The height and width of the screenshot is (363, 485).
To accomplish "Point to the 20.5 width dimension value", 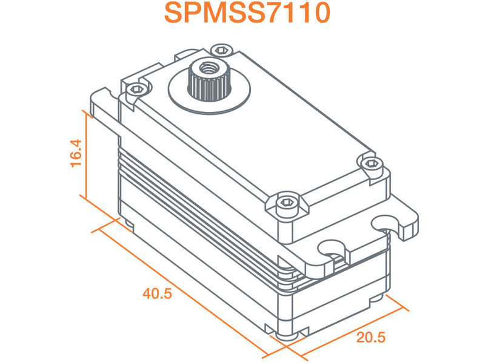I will [x=370, y=337].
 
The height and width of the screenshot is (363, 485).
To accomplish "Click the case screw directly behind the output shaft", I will [x=221, y=50].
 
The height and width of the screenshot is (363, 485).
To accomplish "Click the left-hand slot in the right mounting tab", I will [x=331, y=247].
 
